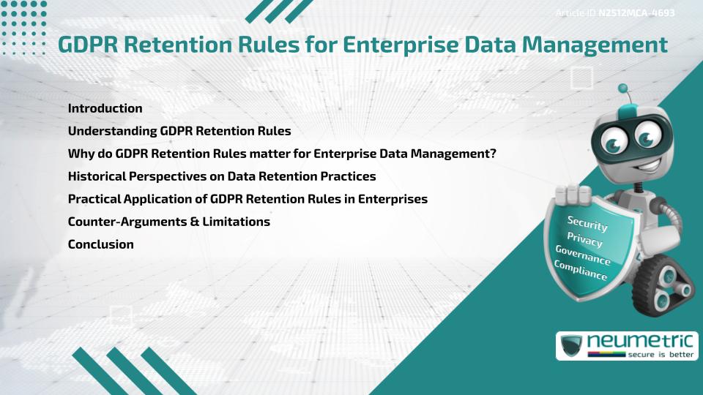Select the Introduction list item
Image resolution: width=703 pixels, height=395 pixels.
point(105,108)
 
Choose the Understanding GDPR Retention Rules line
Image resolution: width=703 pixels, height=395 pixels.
point(179,132)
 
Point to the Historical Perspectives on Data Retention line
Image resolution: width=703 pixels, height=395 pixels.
point(221,176)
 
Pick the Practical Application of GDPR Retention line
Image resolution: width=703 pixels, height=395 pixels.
point(248,199)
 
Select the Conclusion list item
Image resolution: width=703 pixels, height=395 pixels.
point(100,244)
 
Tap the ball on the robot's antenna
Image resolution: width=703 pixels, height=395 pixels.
point(623,89)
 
